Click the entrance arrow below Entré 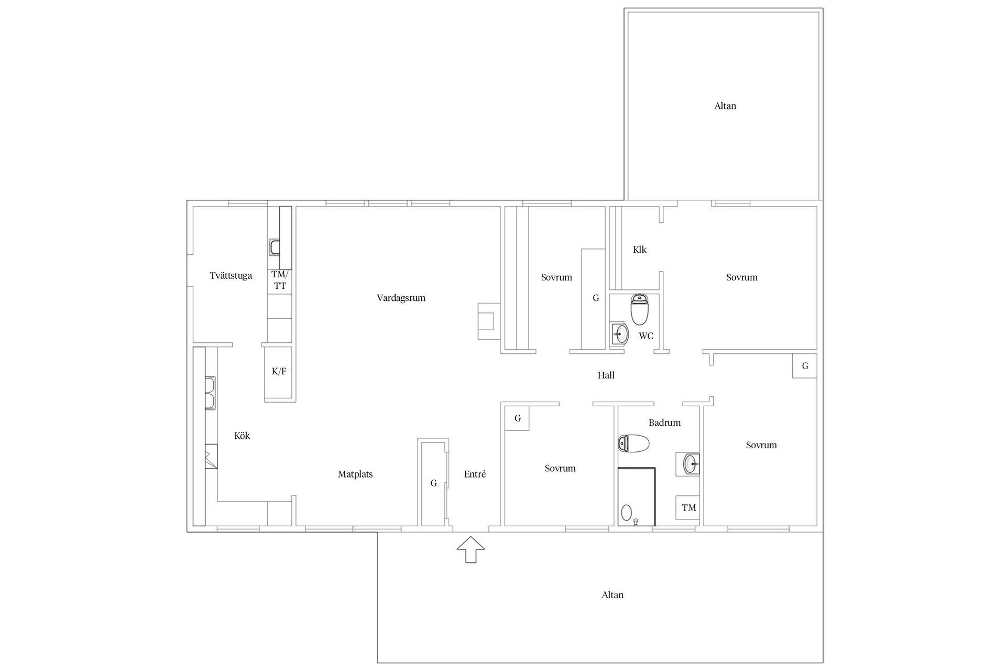[471, 549]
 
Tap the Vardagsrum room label [401, 298]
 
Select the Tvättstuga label [231, 276]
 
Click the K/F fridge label [279, 372]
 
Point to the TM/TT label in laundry [280, 280]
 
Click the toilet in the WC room [639, 310]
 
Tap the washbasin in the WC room [620, 333]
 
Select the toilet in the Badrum [634, 443]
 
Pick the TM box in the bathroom [688, 507]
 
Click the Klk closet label [639, 250]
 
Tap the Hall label [606, 375]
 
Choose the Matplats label [355, 474]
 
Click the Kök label [242, 436]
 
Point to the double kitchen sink [211, 393]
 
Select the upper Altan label [725, 106]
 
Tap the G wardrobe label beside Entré [433, 483]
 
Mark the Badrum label [664, 423]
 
